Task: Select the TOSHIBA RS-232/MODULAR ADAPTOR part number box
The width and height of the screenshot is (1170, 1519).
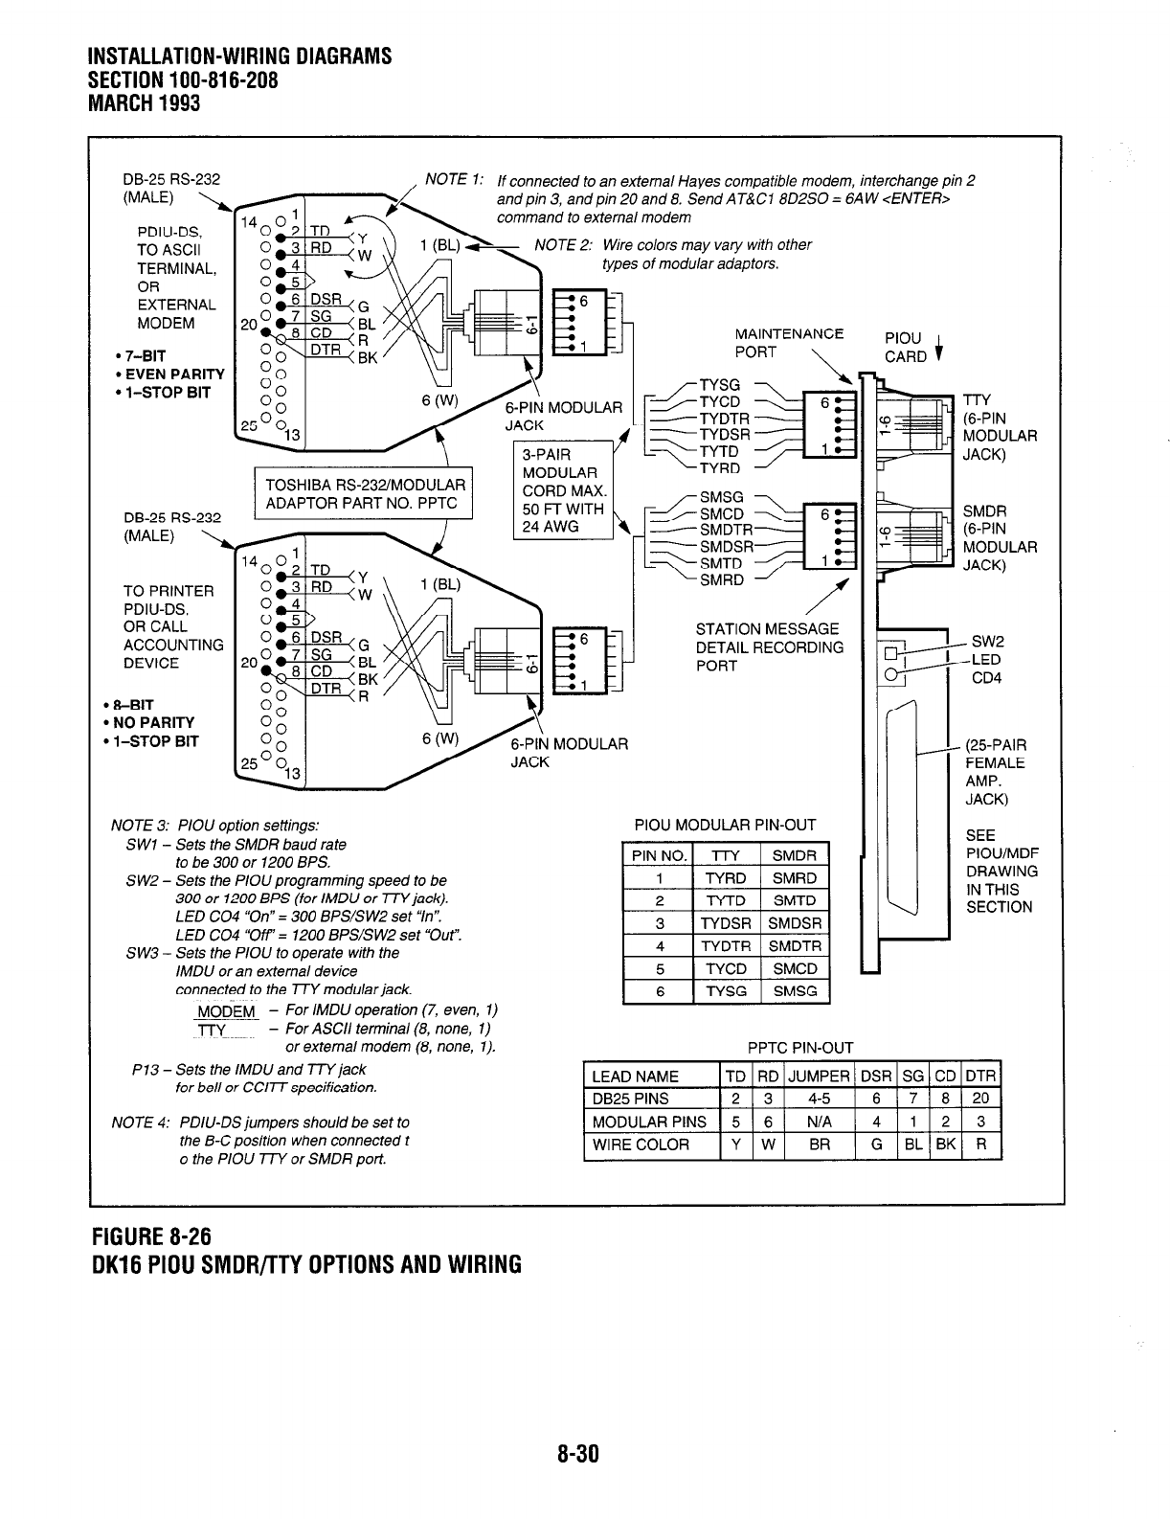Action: coord(365,494)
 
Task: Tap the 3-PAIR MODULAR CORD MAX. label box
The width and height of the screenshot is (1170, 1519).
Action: coord(563,490)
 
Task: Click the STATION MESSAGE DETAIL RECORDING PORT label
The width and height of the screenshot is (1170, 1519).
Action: coord(769,646)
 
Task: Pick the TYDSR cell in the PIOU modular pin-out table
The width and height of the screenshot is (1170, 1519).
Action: coord(726,923)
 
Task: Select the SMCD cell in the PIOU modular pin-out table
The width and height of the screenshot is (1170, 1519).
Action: coord(795,968)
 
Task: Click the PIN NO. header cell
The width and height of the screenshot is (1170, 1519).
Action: coord(658,855)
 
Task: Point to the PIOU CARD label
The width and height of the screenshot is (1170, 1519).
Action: coord(905,348)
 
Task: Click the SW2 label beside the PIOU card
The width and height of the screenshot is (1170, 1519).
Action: coord(986,642)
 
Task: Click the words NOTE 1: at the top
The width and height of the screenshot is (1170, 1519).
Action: coord(454,180)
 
